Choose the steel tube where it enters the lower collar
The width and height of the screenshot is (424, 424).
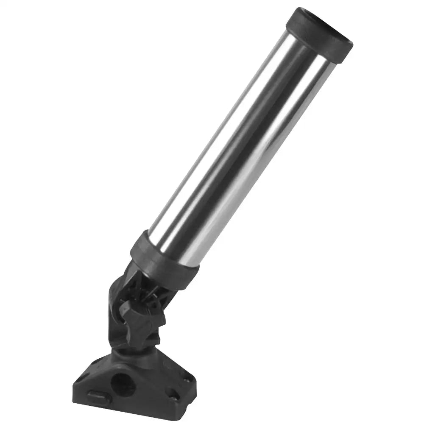178,237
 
